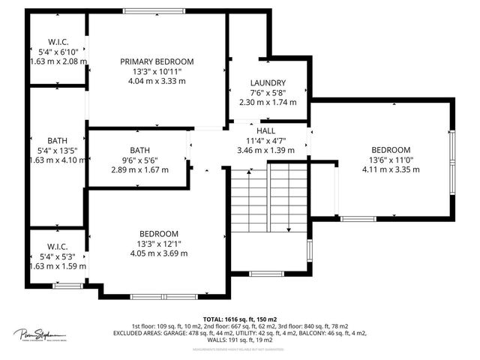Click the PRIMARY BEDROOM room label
point(157,61)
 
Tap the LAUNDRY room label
point(268,82)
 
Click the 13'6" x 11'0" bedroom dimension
point(390,160)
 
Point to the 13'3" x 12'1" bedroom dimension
point(157,244)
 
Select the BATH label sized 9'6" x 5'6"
point(139,150)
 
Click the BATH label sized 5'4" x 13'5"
point(58,140)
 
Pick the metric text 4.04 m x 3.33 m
point(157,82)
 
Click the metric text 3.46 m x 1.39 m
point(266,150)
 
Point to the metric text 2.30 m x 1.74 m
point(268,102)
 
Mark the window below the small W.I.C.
point(67,285)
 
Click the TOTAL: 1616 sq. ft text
point(235,319)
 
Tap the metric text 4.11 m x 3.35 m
point(390,169)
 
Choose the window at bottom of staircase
point(267,274)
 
